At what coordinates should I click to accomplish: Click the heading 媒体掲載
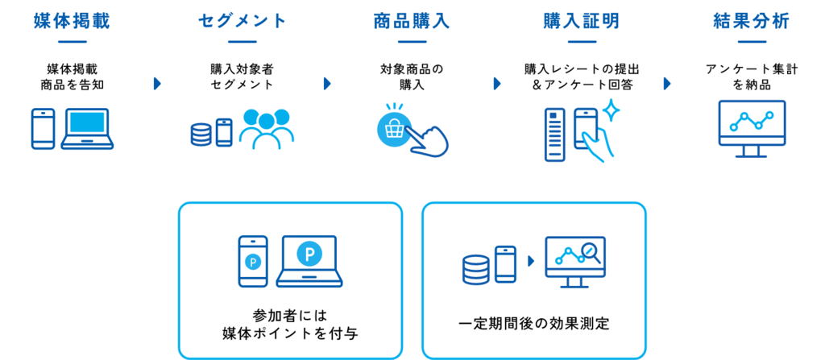pos(73,21)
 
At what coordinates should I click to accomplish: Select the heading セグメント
pos(243,21)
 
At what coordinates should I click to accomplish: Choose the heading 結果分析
pos(752,21)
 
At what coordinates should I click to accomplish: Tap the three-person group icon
pos(267,129)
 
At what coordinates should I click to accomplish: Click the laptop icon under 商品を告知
pos(87,129)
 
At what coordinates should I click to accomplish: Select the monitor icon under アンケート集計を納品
pos(752,129)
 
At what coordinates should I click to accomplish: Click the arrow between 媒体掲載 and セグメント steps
pos(157,84)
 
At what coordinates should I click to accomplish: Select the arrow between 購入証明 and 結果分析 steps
pos(667,84)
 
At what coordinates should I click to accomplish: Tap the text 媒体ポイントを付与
pos(290,333)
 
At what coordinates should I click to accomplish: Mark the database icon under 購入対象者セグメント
pos(201,134)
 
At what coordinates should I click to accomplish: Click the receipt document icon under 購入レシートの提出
pos(554,134)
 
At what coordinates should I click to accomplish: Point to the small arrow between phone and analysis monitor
pos(531,260)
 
